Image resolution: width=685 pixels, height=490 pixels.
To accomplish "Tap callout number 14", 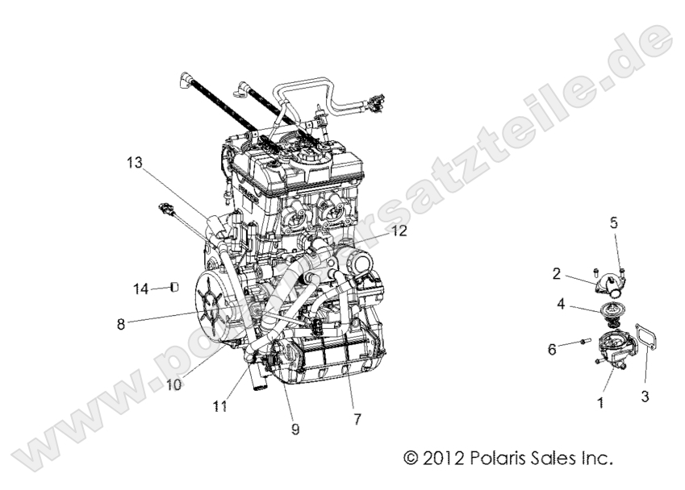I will (x=141, y=288).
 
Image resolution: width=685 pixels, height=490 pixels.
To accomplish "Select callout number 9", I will (x=295, y=430).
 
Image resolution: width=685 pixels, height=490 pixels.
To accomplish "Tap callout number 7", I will (x=357, y=419).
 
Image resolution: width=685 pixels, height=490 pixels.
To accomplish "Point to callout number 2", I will (x=557, y=274).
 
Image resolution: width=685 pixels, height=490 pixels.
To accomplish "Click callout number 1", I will (x=599, y=400).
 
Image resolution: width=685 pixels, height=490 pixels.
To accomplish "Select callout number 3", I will (x=646, y=397).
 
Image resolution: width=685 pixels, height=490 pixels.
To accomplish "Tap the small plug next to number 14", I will (x=173, y=287).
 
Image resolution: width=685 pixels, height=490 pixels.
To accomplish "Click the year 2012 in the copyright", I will (x=443, y=459).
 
